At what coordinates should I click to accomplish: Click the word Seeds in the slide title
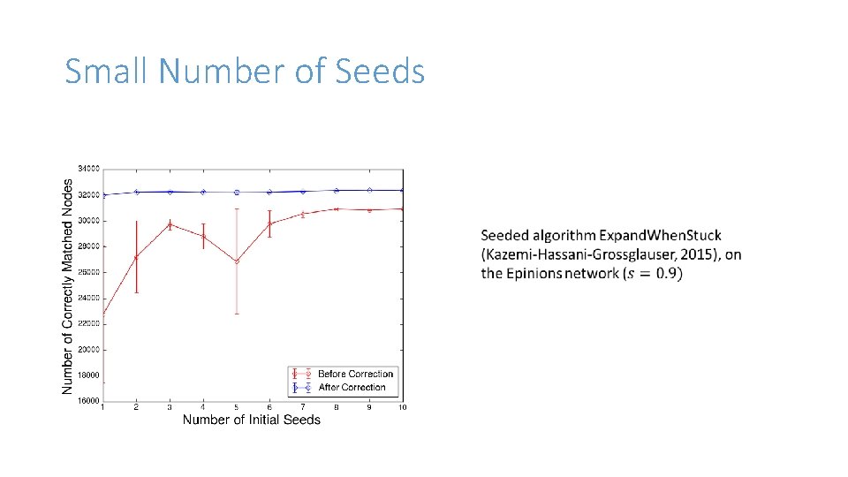[381, 71]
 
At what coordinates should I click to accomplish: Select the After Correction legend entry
[352, 387]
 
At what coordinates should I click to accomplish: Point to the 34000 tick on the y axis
[88, 168]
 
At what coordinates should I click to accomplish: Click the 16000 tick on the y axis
[88, 401]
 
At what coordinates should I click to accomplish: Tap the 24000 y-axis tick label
[88, 298]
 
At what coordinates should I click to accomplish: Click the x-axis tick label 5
[236, 407]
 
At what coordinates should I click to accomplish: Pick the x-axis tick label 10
[402, 407]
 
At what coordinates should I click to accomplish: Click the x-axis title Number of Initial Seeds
[251, 420]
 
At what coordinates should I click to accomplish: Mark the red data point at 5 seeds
[236, 261]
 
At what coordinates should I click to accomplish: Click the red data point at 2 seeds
[136, 257]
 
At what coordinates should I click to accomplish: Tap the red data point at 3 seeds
[170, 224]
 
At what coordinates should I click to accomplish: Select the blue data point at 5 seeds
[236, 192]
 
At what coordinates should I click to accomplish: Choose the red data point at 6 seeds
[269, 223]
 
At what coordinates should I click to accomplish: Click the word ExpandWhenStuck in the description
[660, 235]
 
